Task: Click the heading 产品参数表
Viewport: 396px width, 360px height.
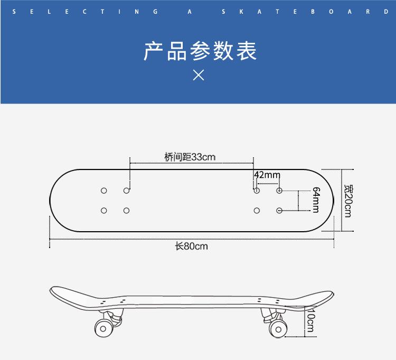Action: tap(200, 51)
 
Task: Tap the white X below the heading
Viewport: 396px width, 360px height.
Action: tap(199, 75)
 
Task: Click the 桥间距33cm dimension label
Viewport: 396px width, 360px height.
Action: tap(190, 157)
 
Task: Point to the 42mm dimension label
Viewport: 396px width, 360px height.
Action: tap(267, 175)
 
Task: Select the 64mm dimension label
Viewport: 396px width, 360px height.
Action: tap(316, 200)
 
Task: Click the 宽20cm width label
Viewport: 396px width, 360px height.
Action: tap(348, 201)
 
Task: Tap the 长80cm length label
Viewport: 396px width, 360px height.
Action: tap(192, 246)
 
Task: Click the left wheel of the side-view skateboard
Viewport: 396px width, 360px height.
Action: tap(103, 328)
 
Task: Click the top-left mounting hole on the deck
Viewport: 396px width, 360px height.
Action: tap(103, 190)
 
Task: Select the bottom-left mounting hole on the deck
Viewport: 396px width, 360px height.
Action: tap(103, 211)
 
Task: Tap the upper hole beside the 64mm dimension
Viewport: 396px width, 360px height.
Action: tap(279, 190)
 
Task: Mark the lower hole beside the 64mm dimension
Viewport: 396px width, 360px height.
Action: tap(279, 211)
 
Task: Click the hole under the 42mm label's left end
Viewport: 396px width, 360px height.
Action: tap(257, 190)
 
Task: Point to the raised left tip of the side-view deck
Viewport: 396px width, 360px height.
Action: tap(53, 290)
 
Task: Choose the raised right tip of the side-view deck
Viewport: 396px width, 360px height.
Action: tap(331, 293)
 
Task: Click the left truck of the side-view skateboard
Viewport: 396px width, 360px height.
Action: tap(113, 315)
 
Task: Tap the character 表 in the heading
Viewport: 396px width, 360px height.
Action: tap(246, 51)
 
